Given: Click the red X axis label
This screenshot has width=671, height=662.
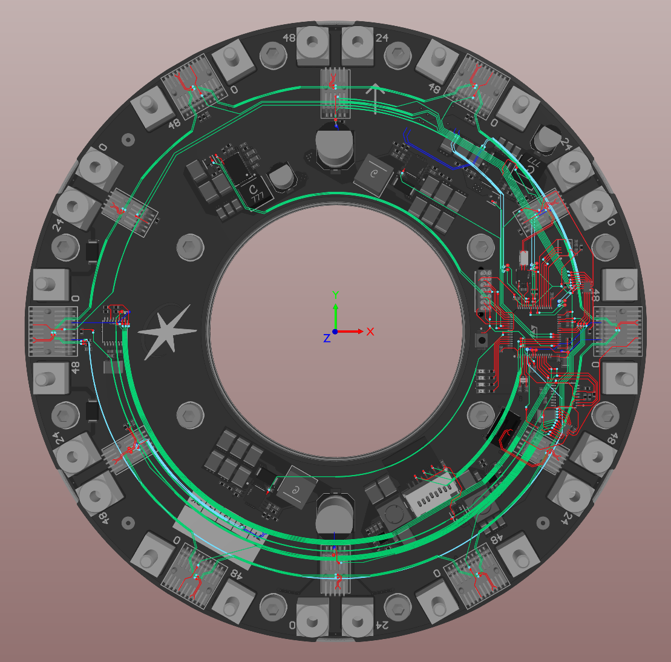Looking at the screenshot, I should pyautogui.click(x=370, y=332).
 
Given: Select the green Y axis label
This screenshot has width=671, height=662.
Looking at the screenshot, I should pyautogui.click(x=335, y=295).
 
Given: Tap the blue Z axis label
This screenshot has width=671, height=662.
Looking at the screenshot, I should pyautogui.click(x=327, y=338).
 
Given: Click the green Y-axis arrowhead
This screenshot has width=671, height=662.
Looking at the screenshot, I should pyautogui.click(x=335, y=306).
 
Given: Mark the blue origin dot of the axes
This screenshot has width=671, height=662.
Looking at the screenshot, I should pyautogui.click(x=335, y=332).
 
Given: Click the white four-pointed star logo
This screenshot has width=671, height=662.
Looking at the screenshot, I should pyautogui.click(x=167, y=332).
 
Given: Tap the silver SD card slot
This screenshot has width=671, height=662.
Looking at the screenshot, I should pyautogui.click(x=431, y=498).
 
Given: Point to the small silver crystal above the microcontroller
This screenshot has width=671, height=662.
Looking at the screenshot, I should pyautogui.click(x=523, y=258).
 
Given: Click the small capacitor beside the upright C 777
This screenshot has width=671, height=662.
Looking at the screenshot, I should pyautogui.click(x=281, y=178).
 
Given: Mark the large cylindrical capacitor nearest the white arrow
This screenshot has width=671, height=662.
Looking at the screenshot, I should pyautogui.click(x=335, y=149).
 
